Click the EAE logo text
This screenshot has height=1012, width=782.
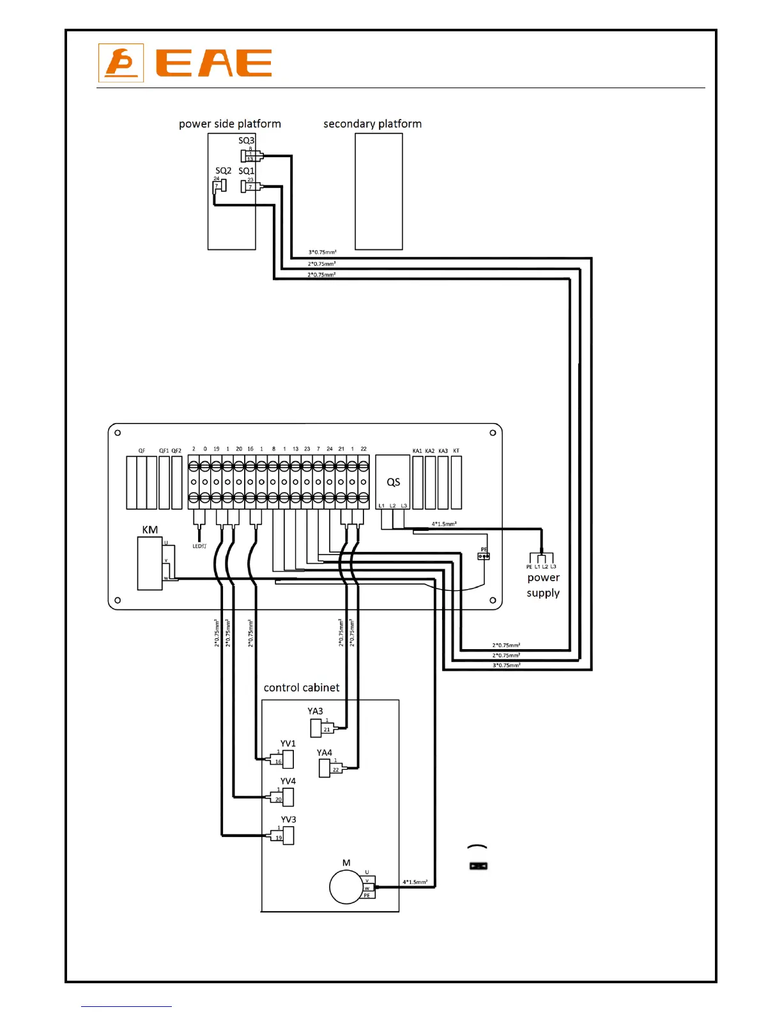tap(214, 63)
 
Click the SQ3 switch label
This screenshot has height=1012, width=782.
tap(246, 141)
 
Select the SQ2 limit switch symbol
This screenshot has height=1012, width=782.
tap(220, 187)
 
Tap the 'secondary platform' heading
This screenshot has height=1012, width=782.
tap(372, 124)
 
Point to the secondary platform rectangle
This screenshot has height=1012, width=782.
tap(379, 191)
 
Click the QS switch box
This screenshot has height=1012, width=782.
tap(393, 482)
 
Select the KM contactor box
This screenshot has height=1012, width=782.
tap(150, 563)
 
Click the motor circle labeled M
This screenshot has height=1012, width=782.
tap(346, 887)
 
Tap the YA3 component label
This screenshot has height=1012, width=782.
tap(315, 711)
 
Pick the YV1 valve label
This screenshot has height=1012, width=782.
tap(288, 744)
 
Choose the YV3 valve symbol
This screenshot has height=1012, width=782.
tap(287, 836)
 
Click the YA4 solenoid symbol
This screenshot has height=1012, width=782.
tap(325, 767)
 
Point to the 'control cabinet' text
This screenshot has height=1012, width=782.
tap(302, 688)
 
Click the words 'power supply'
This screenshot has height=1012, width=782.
tap(543, 585)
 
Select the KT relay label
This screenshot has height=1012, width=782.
tap(456, 451)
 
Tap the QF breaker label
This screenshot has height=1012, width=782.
tap(142, 451)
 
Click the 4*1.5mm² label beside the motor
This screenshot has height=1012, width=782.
tap(415, 882)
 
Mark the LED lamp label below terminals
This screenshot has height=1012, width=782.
tap(199, 546)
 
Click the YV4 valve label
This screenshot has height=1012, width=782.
tap(288, 781)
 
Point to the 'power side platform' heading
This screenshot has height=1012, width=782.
tap(230, 124)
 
